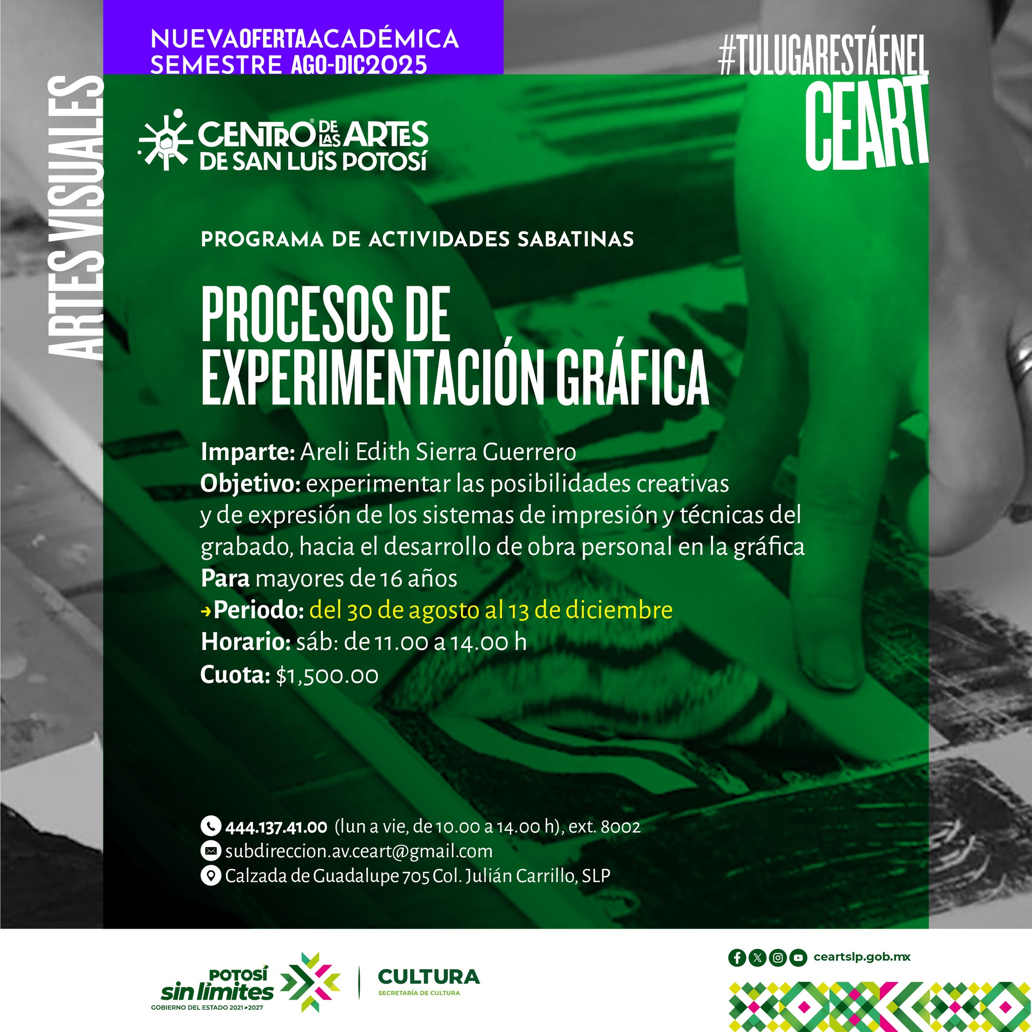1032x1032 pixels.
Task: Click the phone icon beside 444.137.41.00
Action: (211, 826)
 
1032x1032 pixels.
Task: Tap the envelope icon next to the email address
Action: (211, 851)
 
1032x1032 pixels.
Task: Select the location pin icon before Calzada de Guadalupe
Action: (211, 875)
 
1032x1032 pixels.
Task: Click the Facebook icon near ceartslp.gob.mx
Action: (737, 958)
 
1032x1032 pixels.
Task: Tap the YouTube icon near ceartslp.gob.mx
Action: (798, 958)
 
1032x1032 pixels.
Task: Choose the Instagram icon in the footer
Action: (778, 958)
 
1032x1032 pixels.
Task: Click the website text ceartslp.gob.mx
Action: (862, 957)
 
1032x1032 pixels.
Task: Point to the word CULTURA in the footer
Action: (429, 977)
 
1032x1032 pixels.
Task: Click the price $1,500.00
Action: (328, 676)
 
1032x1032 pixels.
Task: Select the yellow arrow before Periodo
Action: (206, 611)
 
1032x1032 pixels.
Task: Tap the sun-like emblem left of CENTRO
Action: (165, 140)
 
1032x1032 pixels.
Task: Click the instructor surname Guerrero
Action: (530, 452)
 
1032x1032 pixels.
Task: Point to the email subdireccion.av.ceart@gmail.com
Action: (359, 851)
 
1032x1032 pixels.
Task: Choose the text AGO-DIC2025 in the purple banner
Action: (359, 64)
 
